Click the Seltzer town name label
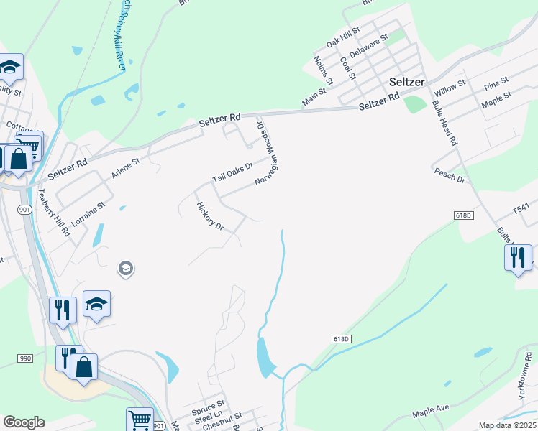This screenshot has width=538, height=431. pos(407,81)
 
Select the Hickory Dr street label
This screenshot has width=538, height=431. pos(210,216)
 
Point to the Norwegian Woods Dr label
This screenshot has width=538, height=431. pos(267,153)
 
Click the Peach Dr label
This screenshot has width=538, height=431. pos(450,175)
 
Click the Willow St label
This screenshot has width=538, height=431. pos(451,89)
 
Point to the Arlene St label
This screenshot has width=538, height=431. pos(125,169)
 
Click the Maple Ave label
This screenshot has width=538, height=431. pos(430,412)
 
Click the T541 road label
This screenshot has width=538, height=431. pos(521,208)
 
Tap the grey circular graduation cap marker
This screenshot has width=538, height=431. pos(125,269)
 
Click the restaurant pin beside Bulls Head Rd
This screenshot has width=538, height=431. pos(518,258)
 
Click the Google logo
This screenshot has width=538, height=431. pos(24,422)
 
